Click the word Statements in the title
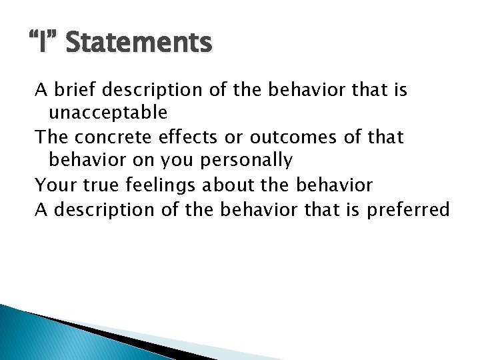point(139,43)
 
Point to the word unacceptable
point(107,113)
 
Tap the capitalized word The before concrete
point(51,137)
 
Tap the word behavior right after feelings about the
point(333,185)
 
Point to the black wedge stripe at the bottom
point(133,340)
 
